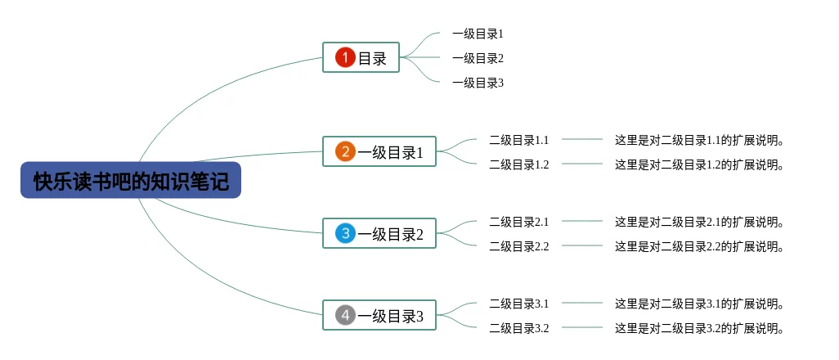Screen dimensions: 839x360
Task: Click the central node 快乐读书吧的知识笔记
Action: [131, 180]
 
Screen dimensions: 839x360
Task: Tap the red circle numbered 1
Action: [346, 57]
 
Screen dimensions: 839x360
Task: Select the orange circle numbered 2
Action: [346, 151]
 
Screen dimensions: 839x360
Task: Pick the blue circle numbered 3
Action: [346, 233]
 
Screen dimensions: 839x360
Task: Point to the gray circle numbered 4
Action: [346, 315]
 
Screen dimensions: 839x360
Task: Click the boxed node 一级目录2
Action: [379, 233]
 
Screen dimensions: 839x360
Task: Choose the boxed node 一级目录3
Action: [379, 315]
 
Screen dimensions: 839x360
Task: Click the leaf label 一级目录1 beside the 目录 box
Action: [478, 34]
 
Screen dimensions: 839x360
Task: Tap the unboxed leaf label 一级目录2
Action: [478, 58]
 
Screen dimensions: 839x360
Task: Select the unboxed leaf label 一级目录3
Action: [478, 83]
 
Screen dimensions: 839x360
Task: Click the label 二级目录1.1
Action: [519, 140]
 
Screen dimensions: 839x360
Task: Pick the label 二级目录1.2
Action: [519, 164]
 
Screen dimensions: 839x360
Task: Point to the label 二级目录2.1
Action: [519, 221]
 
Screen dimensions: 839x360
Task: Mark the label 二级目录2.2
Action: [519, 246]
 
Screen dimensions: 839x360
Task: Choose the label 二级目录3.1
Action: [519, 304]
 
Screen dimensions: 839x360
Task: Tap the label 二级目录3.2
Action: [519, 328]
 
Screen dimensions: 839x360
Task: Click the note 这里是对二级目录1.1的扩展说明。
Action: [700, 140]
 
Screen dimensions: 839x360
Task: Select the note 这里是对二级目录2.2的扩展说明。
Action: [700, 246]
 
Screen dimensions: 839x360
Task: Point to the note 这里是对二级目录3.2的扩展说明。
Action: [700, 328]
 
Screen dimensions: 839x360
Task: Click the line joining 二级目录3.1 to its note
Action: [582, 303]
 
